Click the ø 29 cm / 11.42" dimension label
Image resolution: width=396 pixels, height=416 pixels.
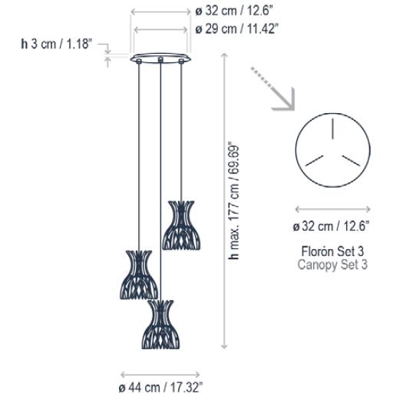point(236,28)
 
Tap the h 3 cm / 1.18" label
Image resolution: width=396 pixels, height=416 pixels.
point(56,44)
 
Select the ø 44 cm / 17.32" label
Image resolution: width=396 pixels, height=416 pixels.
point(160,388)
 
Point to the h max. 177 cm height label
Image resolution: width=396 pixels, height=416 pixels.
point(234,201)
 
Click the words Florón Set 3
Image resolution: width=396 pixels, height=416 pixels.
point(332,251)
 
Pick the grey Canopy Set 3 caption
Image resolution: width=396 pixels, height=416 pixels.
point(332,265)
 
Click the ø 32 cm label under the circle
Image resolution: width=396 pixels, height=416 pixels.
point(331,226)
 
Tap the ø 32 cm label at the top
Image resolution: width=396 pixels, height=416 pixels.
point(234,11)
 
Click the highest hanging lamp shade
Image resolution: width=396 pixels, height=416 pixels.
point(181,225)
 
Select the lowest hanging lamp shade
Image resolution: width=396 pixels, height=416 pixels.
point(161,324)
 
